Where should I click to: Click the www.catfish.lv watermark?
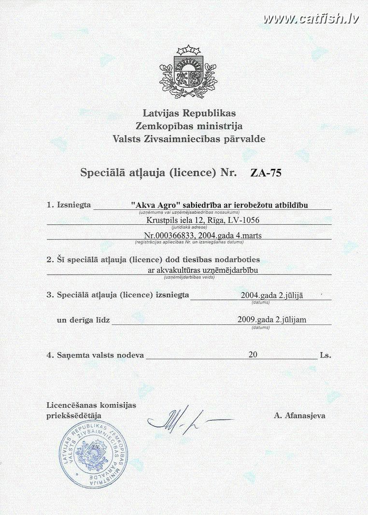tap(311, 19)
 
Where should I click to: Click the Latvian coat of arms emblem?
tap(188, 72)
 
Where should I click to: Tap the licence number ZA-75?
tap(266, 173)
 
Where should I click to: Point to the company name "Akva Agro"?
tap(152, 205)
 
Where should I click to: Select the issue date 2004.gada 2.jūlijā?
tap(271, 295)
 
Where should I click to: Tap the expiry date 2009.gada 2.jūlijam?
tap(272, 320)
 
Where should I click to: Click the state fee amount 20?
tap(253, 354)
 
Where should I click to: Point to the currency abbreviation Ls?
tap(325, 355)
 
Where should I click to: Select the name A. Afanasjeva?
tap(299, 415)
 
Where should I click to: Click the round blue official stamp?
tap(93, 454)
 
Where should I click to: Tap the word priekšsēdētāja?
tap(74, 415)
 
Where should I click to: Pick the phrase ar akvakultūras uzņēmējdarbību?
tap(203, 270)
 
